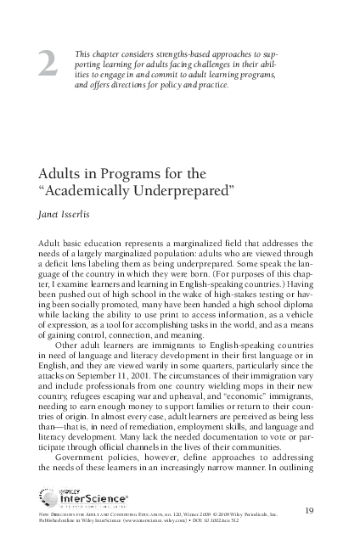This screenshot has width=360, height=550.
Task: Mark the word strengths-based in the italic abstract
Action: [x=183, y=53]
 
